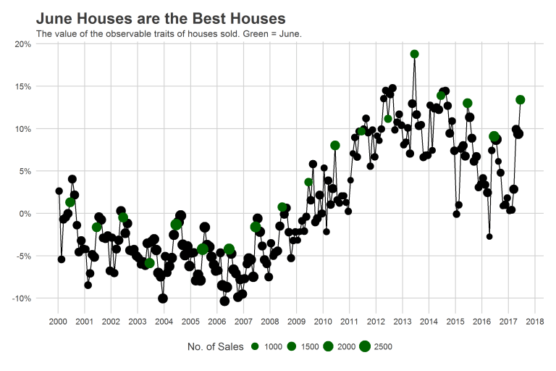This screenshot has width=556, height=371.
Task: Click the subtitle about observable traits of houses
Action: (169, 33)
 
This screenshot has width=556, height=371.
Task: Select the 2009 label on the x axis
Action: (296, 322)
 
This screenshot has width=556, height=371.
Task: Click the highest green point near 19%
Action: (414, 54)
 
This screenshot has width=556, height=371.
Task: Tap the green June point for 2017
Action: (520, 100)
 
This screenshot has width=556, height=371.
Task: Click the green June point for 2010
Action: (334, 146)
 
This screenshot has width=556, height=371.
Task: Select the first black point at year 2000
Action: (59, 191)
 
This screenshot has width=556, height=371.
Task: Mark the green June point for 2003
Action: (149, 263)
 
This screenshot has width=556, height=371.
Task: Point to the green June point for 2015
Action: (467, 104)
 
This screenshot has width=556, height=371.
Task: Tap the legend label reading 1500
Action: (309, 347)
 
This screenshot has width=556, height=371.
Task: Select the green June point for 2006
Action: (229, 249)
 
